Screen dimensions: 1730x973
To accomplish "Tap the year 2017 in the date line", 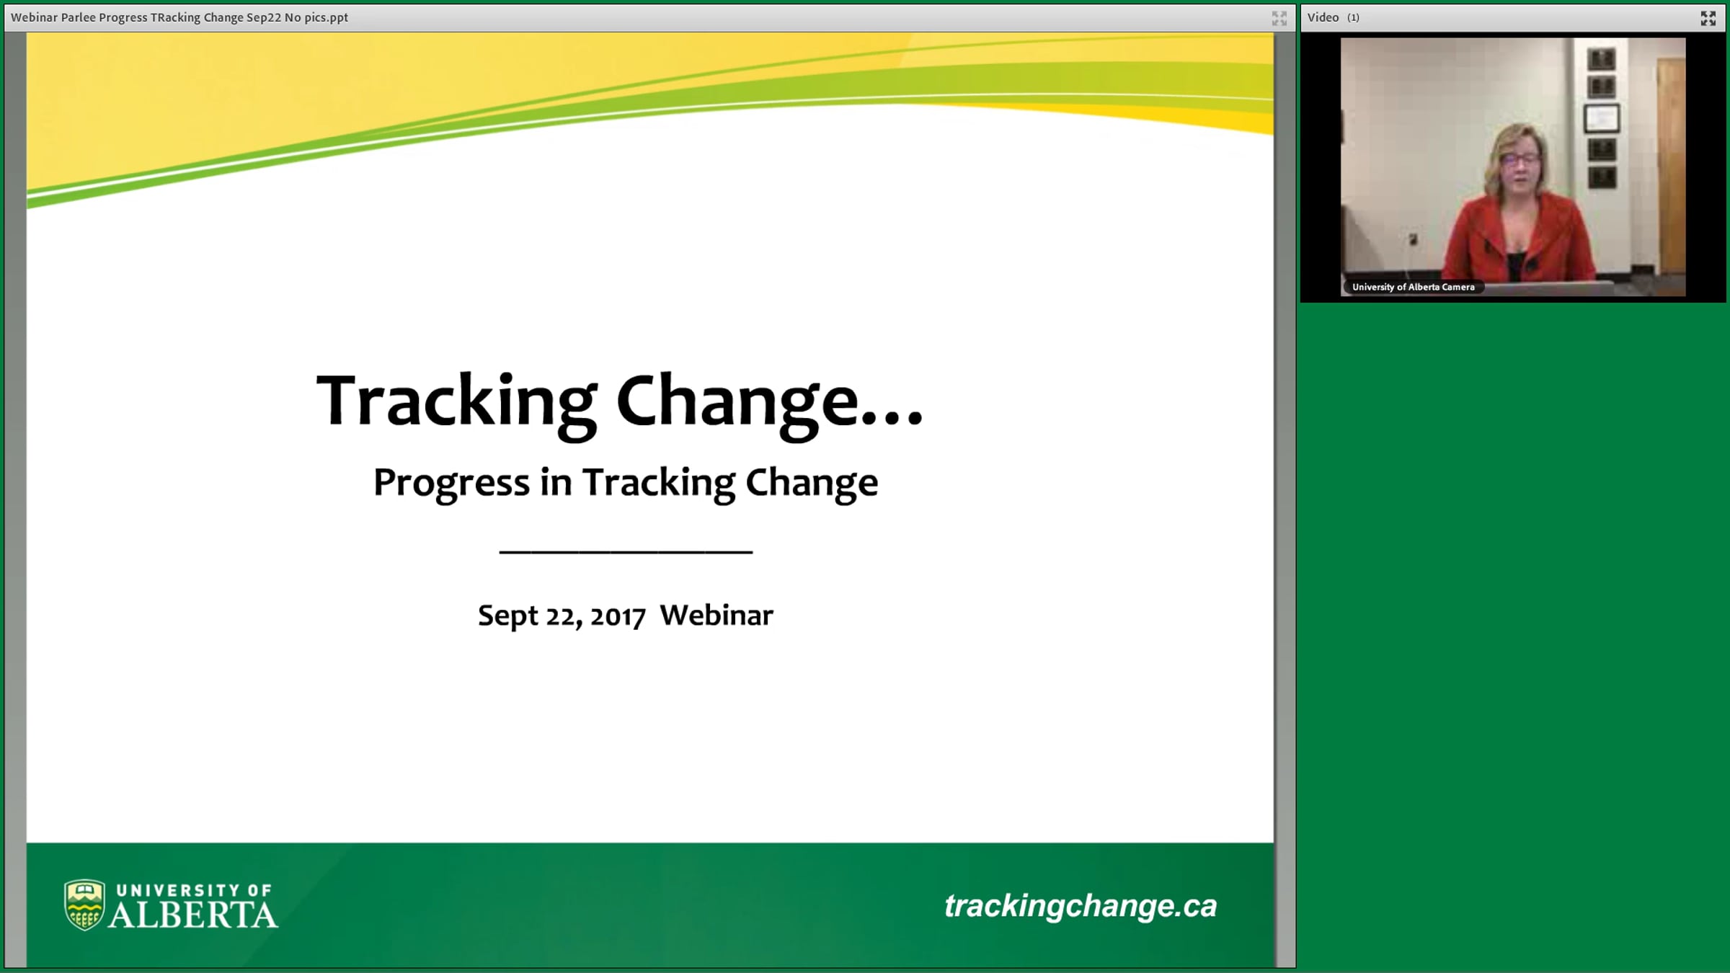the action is tap(618, 616).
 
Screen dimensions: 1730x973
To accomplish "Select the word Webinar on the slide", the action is tap(717, 615).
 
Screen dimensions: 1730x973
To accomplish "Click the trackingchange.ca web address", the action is tap(1081, 906).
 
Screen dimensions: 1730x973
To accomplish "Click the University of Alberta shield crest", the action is tap(84, 905).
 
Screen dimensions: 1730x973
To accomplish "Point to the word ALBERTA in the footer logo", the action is tap(193, 915).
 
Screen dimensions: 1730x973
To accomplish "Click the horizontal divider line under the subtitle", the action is tap(626, 552).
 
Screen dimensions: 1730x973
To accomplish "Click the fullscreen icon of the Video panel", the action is tap(1708, 18).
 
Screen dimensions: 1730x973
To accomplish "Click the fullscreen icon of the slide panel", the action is tap(1279, 18).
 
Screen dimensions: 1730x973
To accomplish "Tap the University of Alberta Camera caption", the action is tap(1413, 287).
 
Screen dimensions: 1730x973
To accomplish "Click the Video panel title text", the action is tap(1323, 17).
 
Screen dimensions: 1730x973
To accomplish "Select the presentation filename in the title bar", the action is tap(179, 17).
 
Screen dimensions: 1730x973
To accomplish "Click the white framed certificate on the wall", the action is tap(1601, 119).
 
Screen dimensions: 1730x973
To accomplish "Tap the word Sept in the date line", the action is tap(507, 616).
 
